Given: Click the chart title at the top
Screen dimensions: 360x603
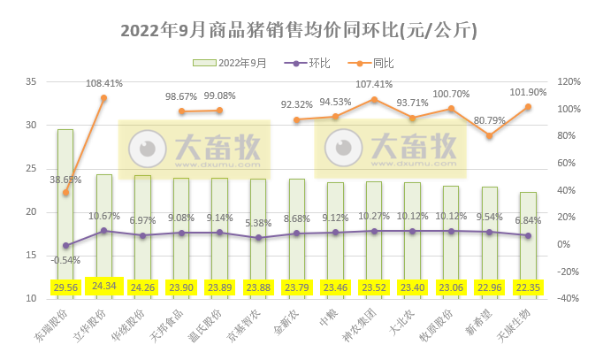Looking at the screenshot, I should [301, 30].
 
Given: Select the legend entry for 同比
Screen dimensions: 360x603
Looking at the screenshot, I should [382, 64].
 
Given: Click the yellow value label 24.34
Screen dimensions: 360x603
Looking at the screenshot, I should [104, 287].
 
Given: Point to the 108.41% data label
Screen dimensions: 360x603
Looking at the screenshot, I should [104, 83].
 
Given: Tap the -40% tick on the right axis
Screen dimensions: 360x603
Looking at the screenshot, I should [571, 299].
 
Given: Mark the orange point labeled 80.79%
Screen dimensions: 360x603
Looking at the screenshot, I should [490, 135].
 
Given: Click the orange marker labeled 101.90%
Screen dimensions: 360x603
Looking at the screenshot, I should [528, 107].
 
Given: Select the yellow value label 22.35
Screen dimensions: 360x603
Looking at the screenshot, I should [528, 287].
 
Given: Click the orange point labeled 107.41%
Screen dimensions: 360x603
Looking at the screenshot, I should [374, 99].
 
